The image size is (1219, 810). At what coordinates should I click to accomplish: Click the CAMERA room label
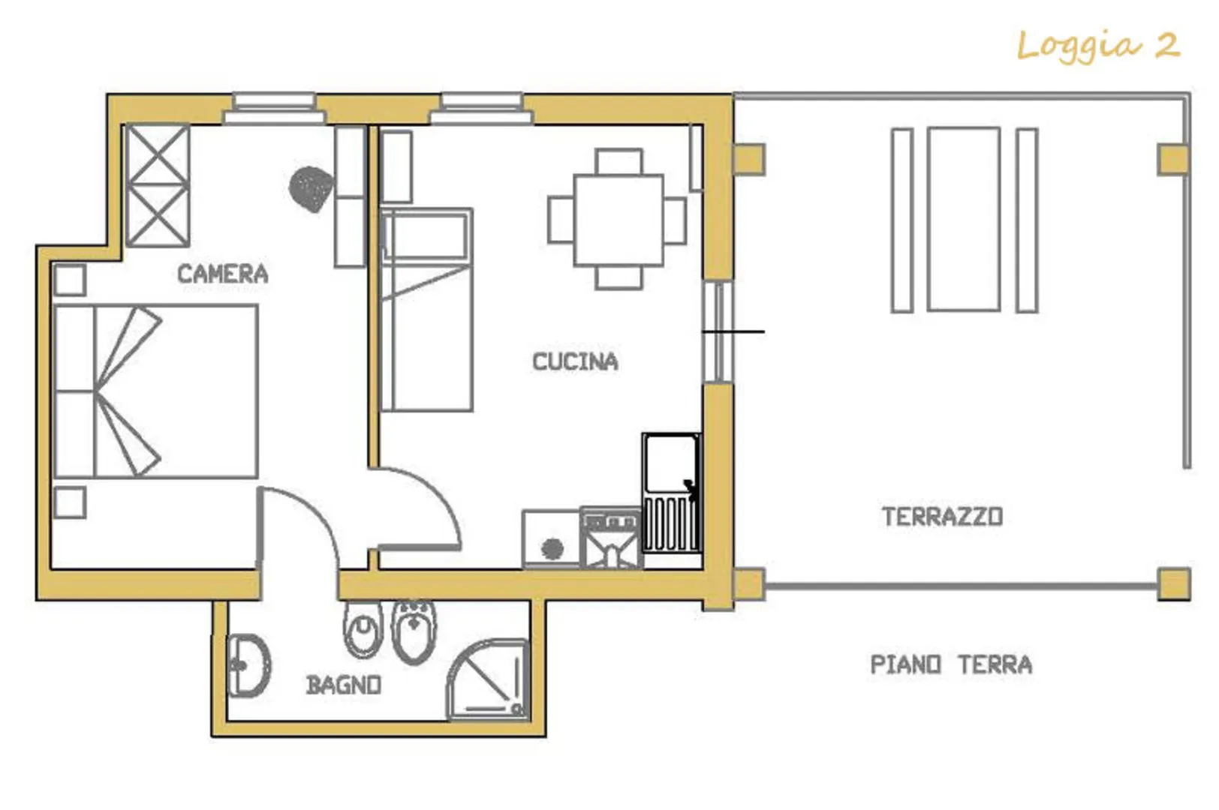tap(223, 274)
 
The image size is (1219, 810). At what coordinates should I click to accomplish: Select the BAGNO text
tap(343, 685)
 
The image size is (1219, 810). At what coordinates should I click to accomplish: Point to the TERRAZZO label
tap(943, 517)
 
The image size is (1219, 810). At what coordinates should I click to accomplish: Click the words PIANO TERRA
tap(951, 664)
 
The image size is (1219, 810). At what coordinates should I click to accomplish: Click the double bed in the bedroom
tap(156, 391)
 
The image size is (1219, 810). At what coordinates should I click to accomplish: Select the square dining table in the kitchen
tap(619, 220)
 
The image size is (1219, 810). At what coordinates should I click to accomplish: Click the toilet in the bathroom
tap(363, 629)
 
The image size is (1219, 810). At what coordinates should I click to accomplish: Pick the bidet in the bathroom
tap(414, 632)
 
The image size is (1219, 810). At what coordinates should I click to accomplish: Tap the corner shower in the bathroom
tap(488, 680)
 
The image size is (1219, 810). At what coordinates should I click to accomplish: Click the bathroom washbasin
tap(248, 666)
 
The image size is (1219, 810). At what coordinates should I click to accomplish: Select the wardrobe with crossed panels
tap(158, 186)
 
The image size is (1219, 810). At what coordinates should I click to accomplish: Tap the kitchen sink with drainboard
tap(672, 493)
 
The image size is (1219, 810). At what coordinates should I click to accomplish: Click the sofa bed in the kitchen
tap(426, 310)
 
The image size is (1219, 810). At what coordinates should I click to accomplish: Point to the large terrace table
tap(964, 220)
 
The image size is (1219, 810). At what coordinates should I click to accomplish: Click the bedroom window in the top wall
tap(274, 109)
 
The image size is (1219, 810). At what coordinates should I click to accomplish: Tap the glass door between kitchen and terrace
tap(718, 331)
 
